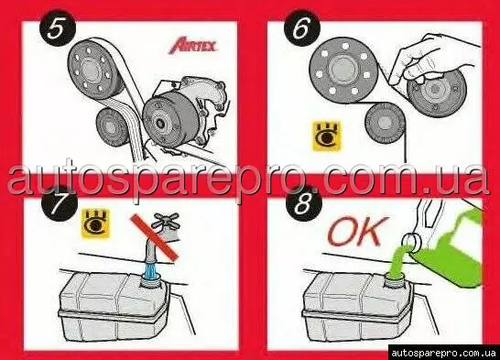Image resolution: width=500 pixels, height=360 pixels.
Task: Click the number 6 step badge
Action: [x=301, y=29]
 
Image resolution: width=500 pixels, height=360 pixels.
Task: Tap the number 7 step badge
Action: [x=60, y=203]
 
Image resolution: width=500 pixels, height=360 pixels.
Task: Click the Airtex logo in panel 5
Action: [x=193, y=46]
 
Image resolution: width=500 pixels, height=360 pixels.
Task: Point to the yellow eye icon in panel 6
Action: [x=326, y=136]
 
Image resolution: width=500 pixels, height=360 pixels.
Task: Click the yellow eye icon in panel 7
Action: [x=95, y=224]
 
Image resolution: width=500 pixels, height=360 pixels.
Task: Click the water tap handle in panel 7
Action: [x=167, y=219]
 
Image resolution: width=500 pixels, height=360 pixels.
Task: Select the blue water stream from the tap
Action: [x=151, y=268]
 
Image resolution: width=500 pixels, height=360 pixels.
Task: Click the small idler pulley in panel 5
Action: [x=112, y=127]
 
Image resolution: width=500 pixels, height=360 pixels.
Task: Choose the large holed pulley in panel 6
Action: [x=343, y=69]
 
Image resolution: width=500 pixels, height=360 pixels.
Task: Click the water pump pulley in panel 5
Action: [x=168, y=120]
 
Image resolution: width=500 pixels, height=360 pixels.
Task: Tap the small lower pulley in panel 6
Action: [x=386, y=124]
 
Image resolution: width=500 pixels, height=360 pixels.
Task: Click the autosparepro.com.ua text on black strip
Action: [x=443, y=353]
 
